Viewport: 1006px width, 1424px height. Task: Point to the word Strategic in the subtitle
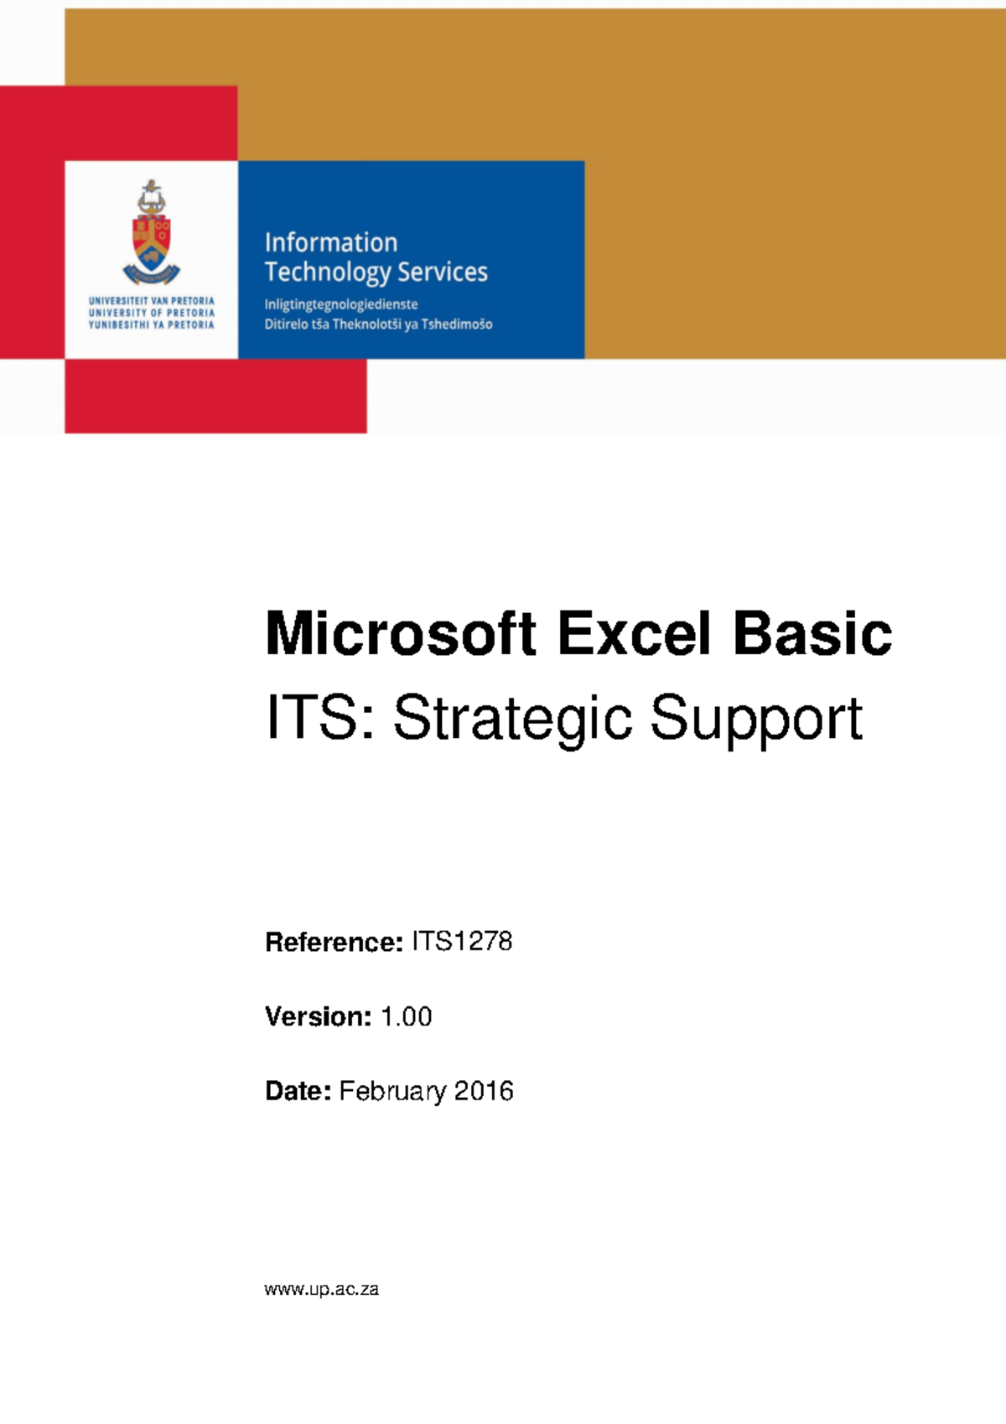(x=512, y=720)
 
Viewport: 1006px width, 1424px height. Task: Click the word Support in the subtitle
(x=756, y=720)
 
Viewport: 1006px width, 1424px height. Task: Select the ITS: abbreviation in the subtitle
(x=320, y=718)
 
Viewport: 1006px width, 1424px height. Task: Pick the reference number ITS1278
(x=462, y=942)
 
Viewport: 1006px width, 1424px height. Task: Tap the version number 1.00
(x=407, y=1016)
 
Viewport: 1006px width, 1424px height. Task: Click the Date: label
(x=298, y=1091)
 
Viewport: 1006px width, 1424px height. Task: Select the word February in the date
(x=392, y=1092)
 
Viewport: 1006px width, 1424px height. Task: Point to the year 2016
(x=484, y=1091)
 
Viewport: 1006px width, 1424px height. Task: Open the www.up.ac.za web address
(x=321, y=1290)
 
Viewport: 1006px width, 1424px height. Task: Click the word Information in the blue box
(x=331, y=242)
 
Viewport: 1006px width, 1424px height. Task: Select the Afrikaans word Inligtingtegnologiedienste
(x=341, y=304)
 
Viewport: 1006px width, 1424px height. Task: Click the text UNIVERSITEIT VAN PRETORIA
(x=152, y=300)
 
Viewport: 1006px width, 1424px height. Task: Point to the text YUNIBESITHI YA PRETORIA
(x=152, y=325)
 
